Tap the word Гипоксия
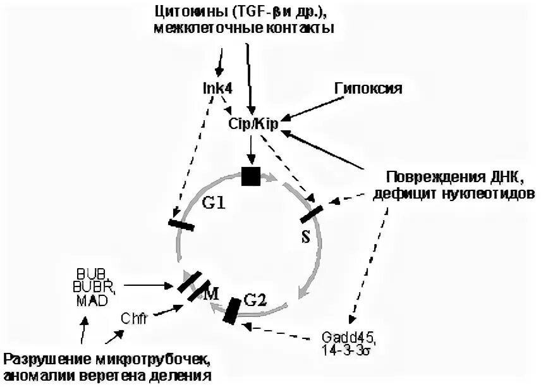(368, 89)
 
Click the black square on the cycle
(251, 175)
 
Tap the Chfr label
(135, 319)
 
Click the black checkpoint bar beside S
(312, 214)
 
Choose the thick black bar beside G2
(232, 309)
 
